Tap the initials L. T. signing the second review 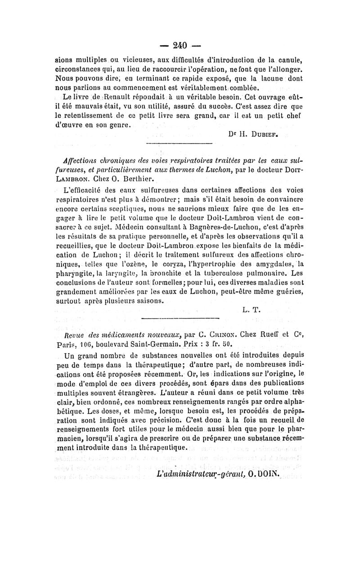(251, 309)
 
